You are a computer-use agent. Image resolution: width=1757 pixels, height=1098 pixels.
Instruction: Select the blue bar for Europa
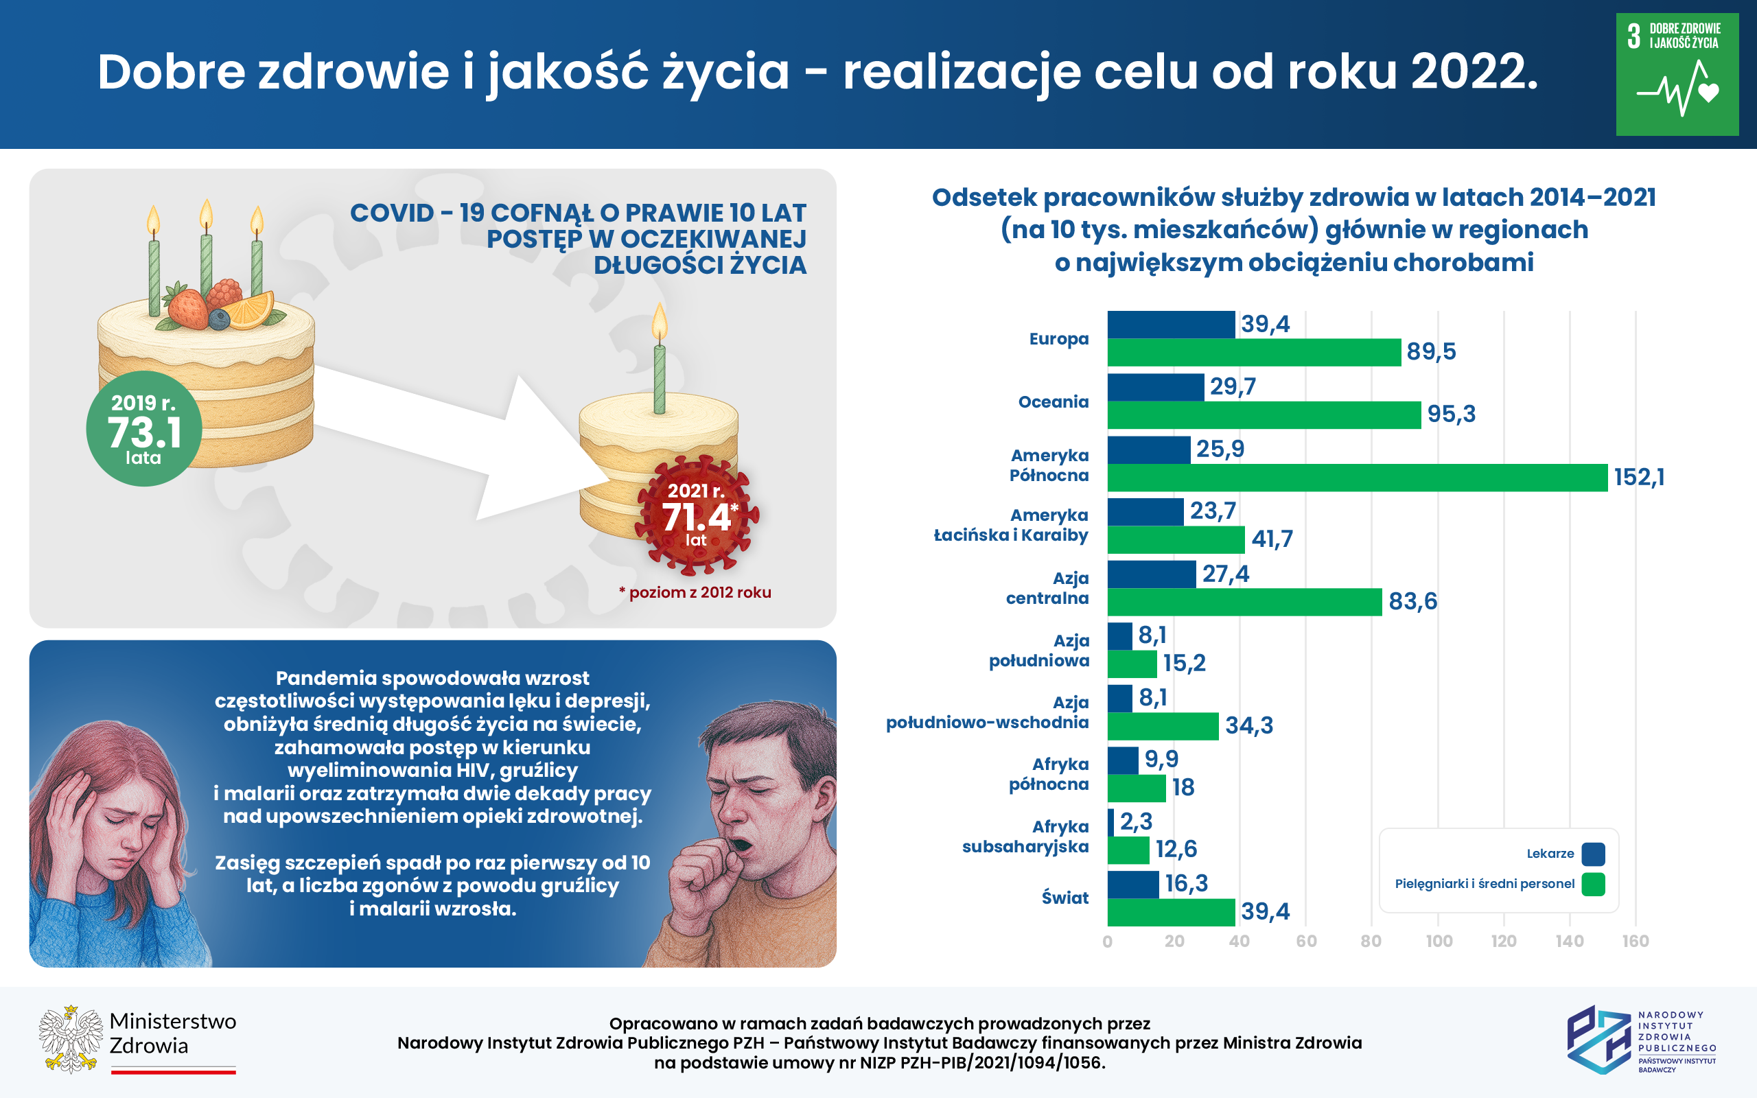click(1170, 325)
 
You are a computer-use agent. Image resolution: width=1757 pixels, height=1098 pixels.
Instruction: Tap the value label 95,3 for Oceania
click(1451, 414)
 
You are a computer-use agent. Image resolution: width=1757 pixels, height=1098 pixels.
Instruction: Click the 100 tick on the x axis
click(1439, 941)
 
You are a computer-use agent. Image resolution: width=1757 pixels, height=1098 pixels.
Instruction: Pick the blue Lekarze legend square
click(1593, 854)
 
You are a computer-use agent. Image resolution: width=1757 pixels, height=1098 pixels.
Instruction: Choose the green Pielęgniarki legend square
click(1593, 885)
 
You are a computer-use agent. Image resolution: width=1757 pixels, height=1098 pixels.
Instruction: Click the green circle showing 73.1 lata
click(143, 428)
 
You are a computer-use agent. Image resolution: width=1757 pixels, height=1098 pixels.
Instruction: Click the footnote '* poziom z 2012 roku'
click(695, 592)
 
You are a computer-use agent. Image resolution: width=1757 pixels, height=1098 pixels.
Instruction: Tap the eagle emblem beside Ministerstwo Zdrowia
click(71, 1039)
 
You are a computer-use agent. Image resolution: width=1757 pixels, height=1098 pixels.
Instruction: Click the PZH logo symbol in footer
click(1598, 1039)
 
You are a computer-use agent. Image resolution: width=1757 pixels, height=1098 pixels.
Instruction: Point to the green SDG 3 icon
click(1677, 74)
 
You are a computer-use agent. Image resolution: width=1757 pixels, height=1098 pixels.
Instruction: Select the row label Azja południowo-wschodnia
click(987, 712)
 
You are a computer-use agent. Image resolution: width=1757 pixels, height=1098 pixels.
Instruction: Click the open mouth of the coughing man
click(741, 845)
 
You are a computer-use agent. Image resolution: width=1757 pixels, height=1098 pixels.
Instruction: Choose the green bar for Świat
click(1170, 913)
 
